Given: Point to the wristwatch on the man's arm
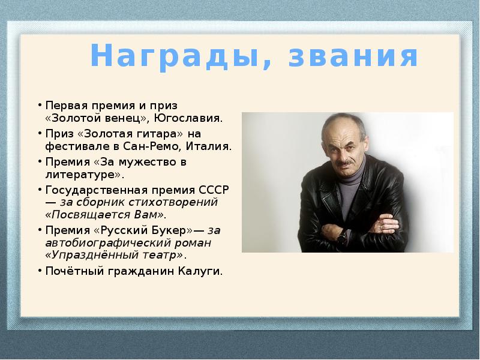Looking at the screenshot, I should pyautogui.click(x=342, y=238).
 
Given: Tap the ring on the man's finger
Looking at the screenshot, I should pyautogui.click(x=380, y=227).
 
